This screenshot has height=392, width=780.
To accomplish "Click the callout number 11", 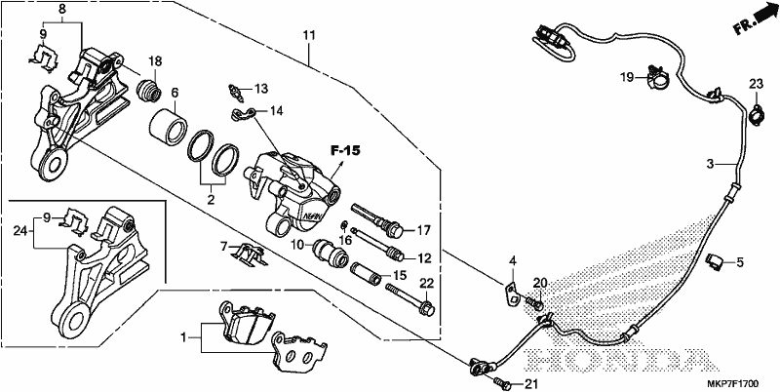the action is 308,36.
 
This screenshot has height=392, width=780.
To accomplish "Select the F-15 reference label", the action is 346,151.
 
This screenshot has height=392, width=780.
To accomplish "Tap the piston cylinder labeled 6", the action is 168,127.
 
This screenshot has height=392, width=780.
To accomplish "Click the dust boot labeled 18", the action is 149,93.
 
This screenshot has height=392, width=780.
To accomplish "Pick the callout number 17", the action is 423,230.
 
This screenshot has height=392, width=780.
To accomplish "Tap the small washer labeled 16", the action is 344,226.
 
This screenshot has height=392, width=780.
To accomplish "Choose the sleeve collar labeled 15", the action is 368,274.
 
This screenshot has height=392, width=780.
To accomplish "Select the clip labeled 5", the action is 715,261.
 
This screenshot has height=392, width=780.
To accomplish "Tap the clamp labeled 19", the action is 657,77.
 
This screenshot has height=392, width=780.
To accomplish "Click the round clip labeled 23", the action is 757,114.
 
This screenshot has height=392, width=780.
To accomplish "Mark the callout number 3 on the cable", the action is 711,164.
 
